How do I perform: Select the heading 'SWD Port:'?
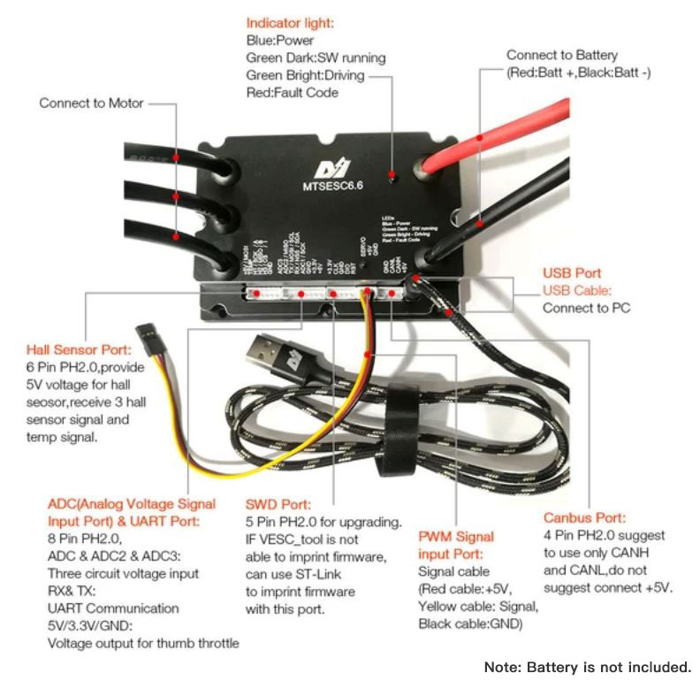[276, 504]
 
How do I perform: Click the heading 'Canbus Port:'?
[584, 518]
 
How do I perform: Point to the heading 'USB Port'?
[571, 273]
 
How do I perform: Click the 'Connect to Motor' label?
[90, 103]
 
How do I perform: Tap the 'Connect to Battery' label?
[561, 55]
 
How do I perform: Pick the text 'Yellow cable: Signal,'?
[478, 606]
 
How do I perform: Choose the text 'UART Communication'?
[113, 608]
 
